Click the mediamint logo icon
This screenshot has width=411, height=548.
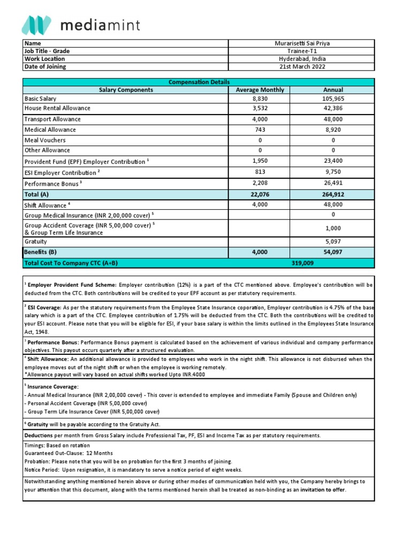[36, 26]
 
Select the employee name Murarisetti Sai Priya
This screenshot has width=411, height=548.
[302, 43]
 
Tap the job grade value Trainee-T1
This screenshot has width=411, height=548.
[302, 51]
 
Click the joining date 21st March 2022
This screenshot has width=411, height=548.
[302, 67]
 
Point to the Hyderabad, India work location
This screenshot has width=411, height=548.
[302, 59]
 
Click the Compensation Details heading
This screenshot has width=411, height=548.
[199, 82]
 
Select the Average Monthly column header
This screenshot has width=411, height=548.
[260, 90]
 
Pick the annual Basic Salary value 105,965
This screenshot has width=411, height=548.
[332, 99]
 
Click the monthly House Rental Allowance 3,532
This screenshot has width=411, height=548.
[260, 108]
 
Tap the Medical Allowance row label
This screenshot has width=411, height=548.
[50, 130]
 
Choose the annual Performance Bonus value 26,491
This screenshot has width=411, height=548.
[332, 183]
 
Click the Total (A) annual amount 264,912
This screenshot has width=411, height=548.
[332, 195]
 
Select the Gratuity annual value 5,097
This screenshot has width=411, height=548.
[332, 241]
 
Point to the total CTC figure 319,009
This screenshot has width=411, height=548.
[302, 263]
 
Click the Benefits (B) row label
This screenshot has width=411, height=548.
[40, 252]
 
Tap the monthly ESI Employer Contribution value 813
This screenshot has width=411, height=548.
[260, 172]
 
